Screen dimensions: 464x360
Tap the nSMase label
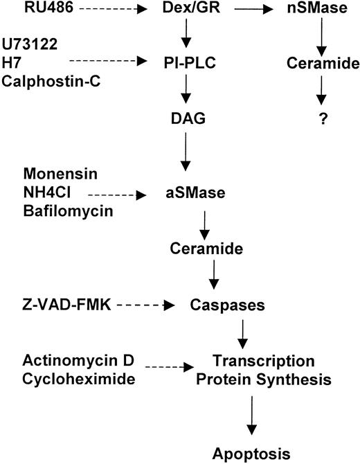tap(320, 10)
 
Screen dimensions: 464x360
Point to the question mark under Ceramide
tap(321, 118)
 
